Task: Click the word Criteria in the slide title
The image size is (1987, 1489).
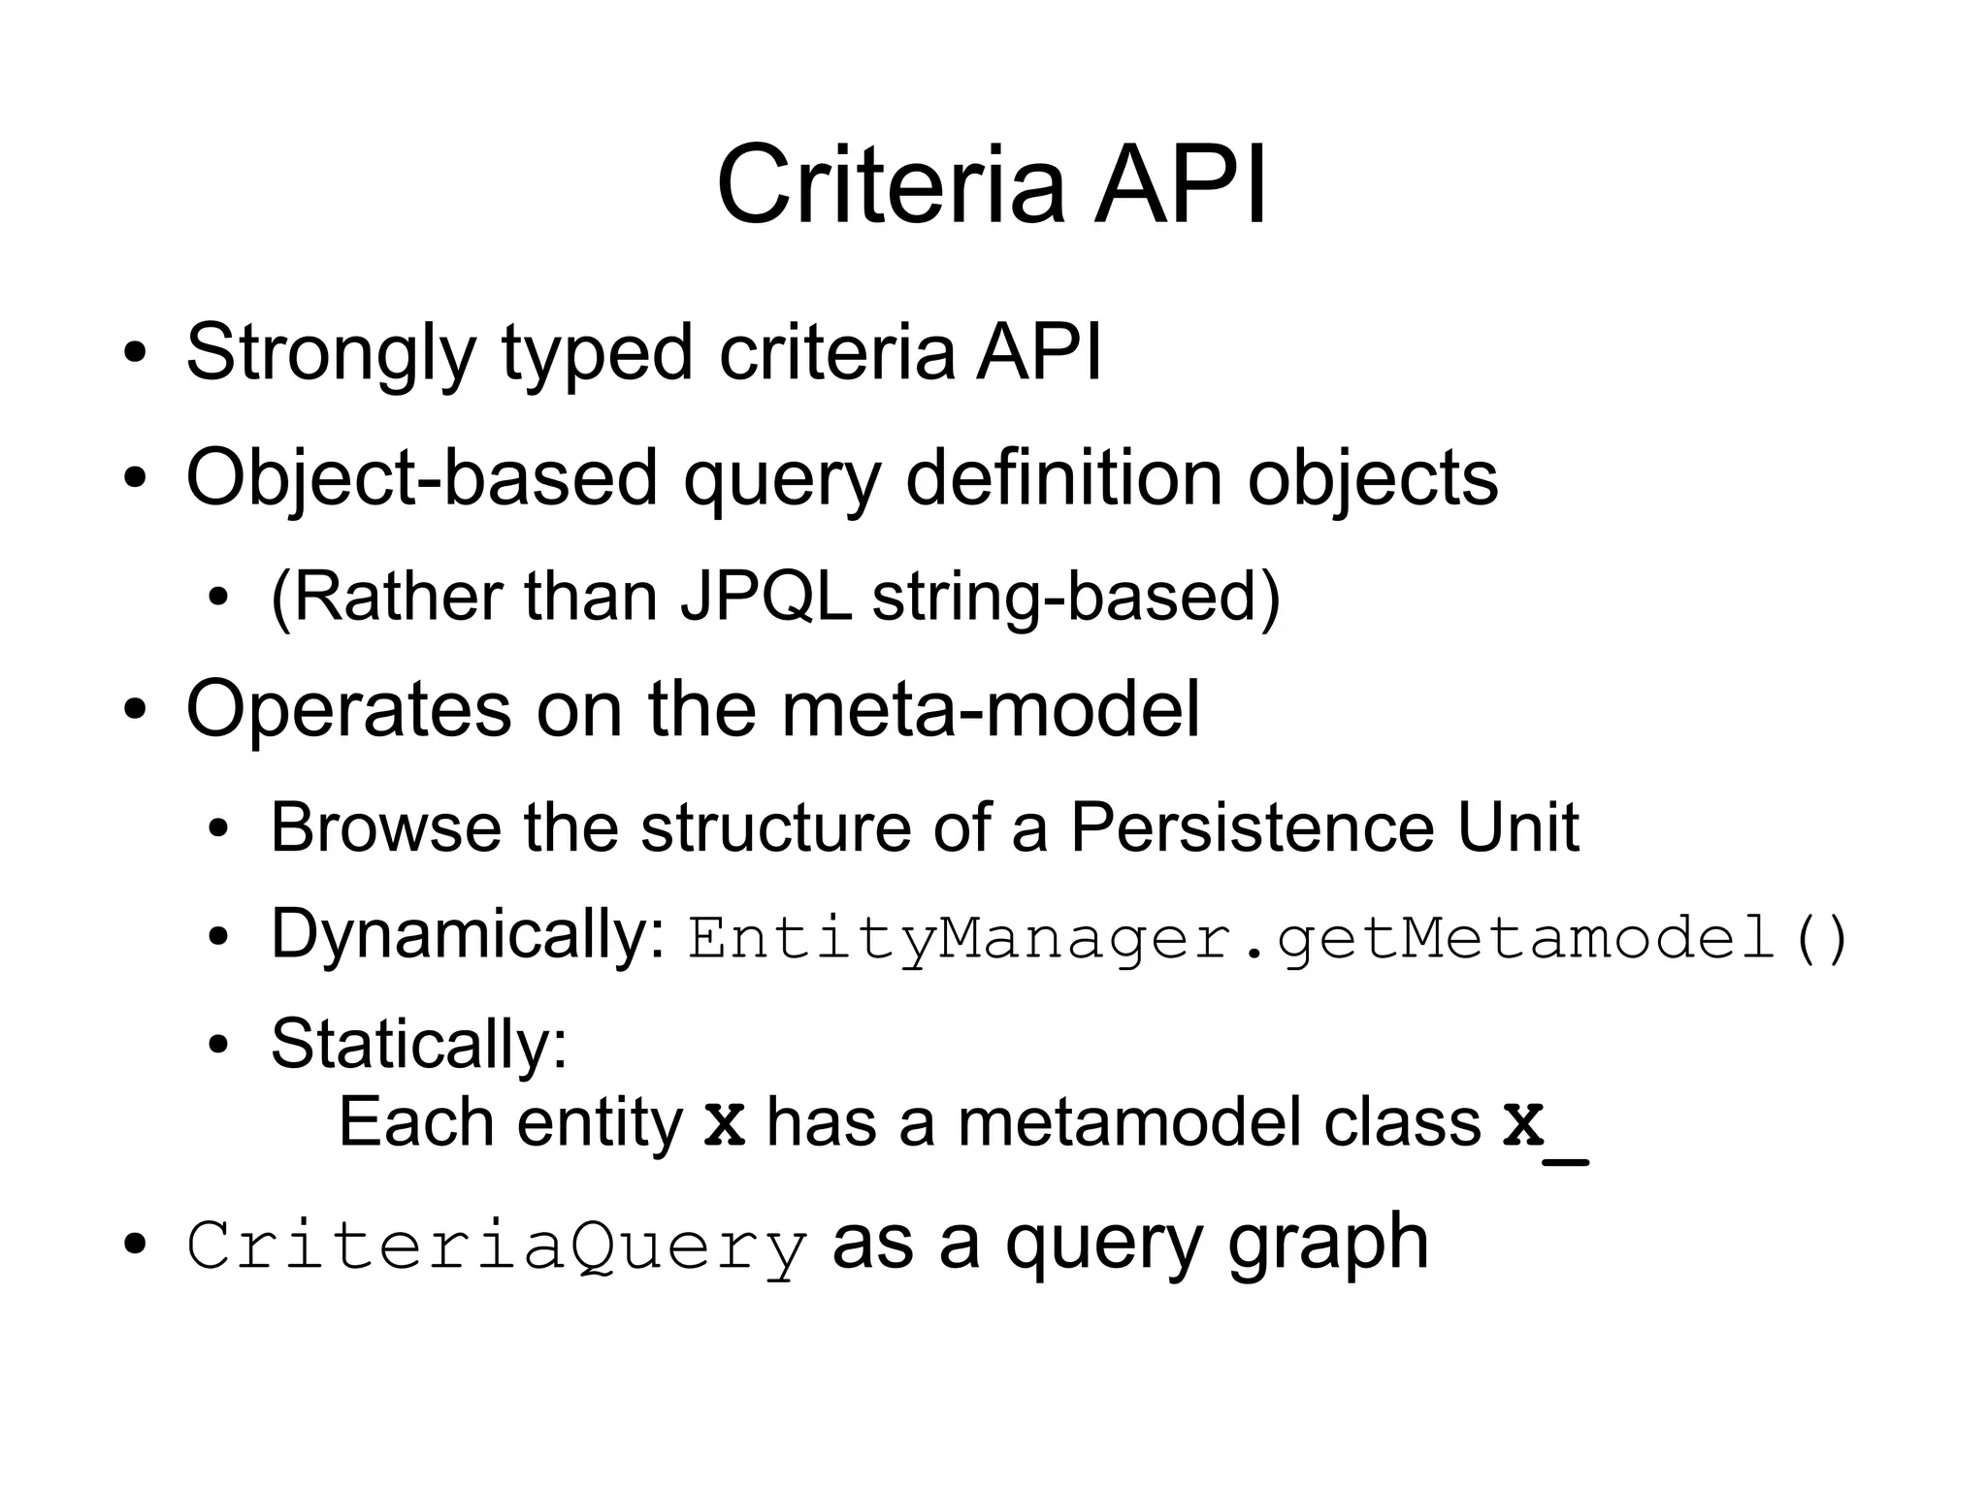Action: [891, 184]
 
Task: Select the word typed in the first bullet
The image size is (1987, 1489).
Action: [596, 353]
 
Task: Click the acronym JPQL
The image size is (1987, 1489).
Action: [765, 596]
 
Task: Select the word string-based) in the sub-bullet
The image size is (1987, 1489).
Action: [1076, 598]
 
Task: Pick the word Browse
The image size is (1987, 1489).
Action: [384, 827]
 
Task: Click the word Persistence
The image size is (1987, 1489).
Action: [1251, 827]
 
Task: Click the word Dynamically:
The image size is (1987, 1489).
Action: [468, 935]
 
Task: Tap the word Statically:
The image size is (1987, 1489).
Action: [419, 1045]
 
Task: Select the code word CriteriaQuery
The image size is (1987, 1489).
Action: [497, 1246]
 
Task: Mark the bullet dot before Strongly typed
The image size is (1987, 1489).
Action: [136, 354]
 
